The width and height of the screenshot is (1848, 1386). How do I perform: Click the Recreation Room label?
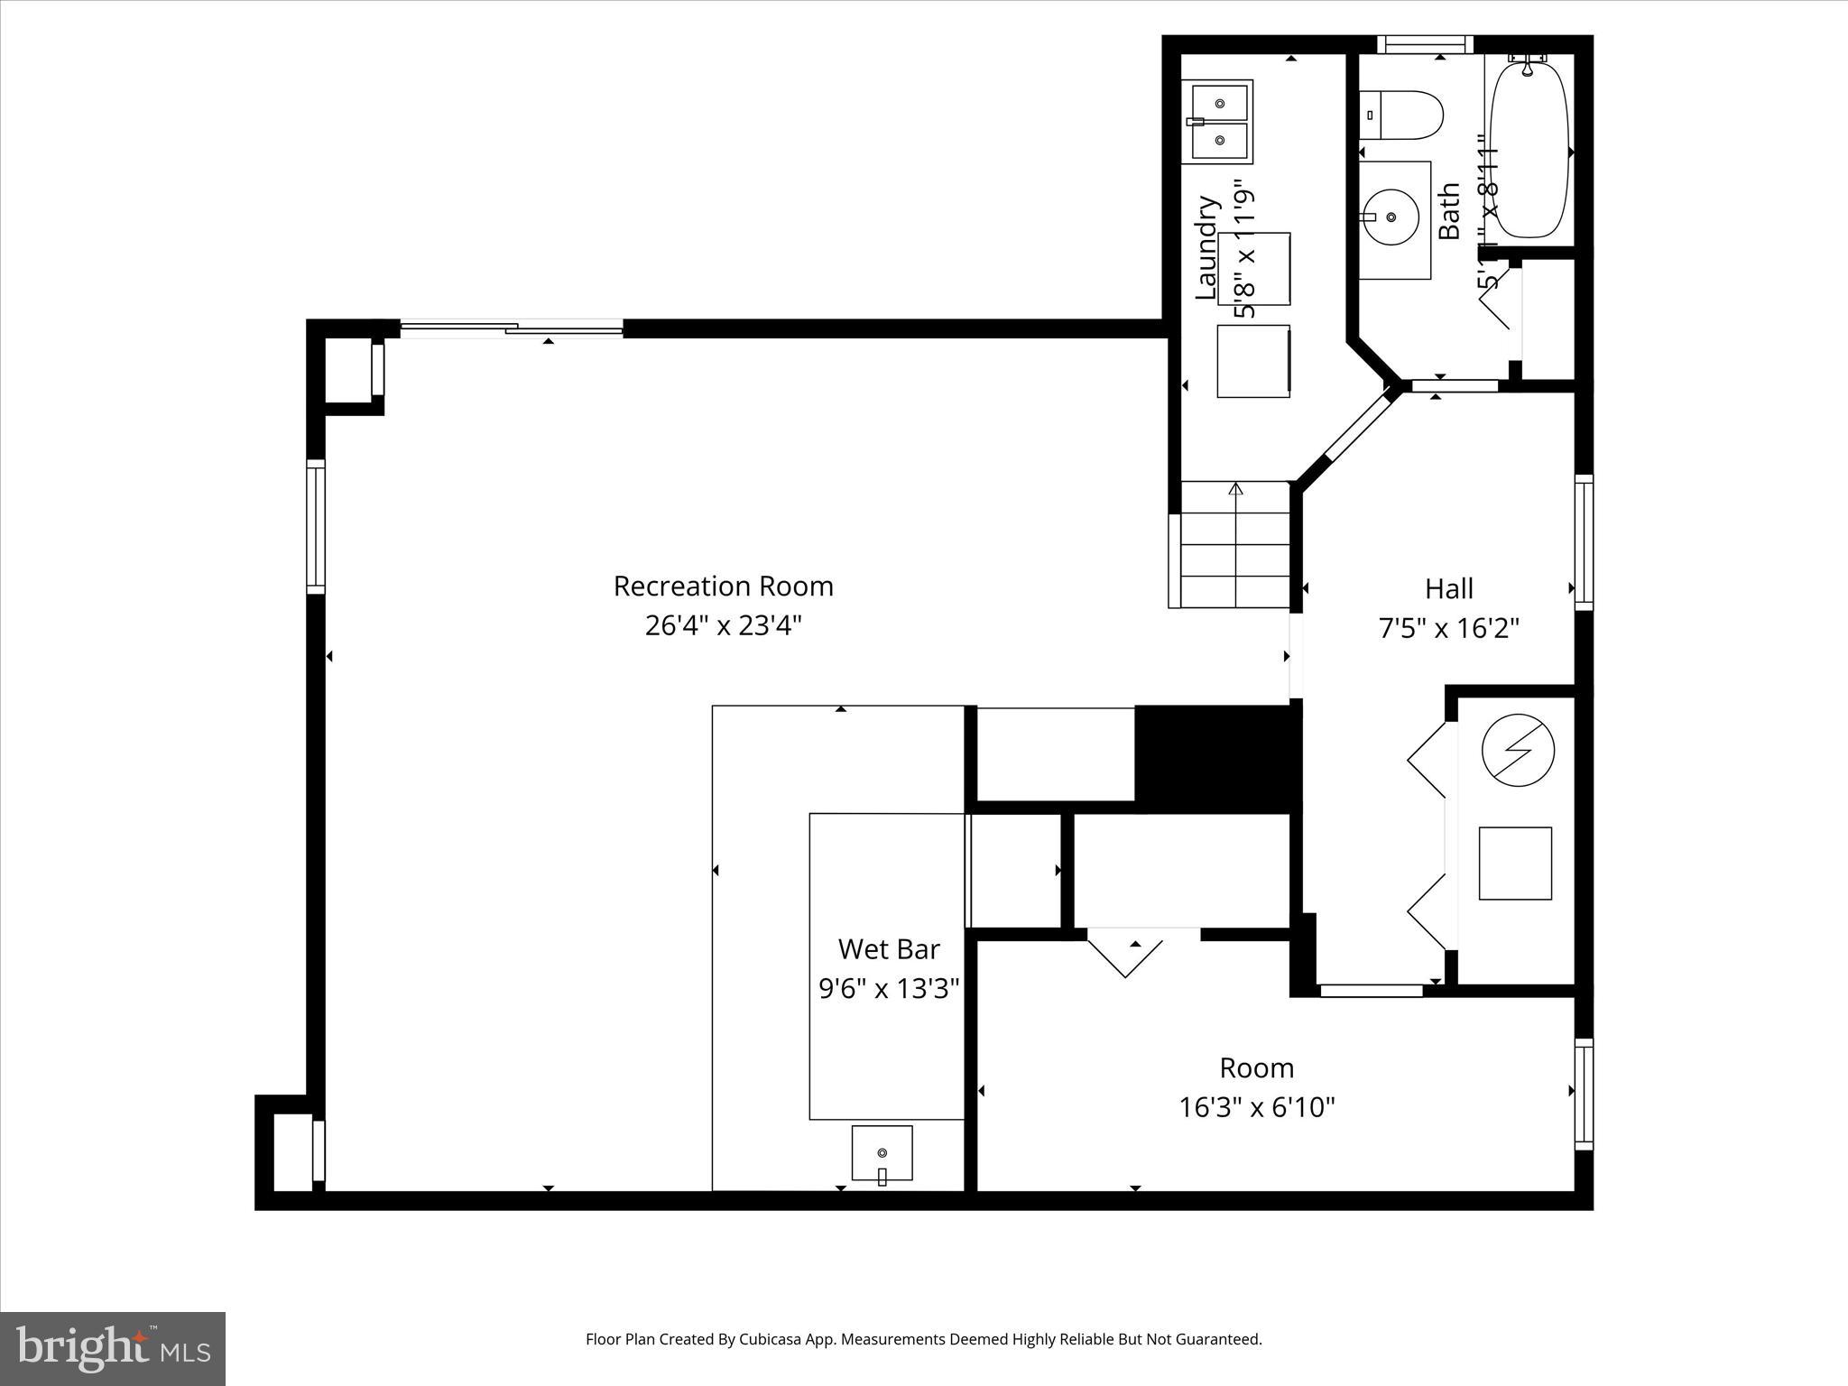723,587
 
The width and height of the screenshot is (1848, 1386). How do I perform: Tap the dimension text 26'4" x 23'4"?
723,625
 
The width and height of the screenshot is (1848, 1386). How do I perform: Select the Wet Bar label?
889,949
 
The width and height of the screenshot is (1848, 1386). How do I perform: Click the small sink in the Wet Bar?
882,1153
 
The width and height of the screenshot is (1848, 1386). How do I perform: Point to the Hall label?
1448,589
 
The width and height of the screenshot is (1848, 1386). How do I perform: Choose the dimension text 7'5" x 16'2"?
1448,628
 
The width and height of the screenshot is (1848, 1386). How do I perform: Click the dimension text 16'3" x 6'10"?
1256,1107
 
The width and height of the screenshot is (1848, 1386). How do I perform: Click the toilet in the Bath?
1400,115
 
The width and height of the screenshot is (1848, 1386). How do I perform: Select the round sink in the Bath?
1391,217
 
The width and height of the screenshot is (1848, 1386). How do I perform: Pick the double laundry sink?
1217,122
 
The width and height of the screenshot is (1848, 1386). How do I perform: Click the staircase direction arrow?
1236,489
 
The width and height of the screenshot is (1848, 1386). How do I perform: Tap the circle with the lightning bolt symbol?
1519,750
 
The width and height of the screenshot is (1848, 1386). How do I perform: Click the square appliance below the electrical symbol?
1515,863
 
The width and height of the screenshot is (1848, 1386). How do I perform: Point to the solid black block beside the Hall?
1215,758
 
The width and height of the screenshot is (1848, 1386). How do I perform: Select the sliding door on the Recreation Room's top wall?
512,328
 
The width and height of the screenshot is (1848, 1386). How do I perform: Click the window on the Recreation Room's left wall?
316,526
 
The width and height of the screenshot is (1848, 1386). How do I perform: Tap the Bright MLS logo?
113,1348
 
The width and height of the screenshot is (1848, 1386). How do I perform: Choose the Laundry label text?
1206,247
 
